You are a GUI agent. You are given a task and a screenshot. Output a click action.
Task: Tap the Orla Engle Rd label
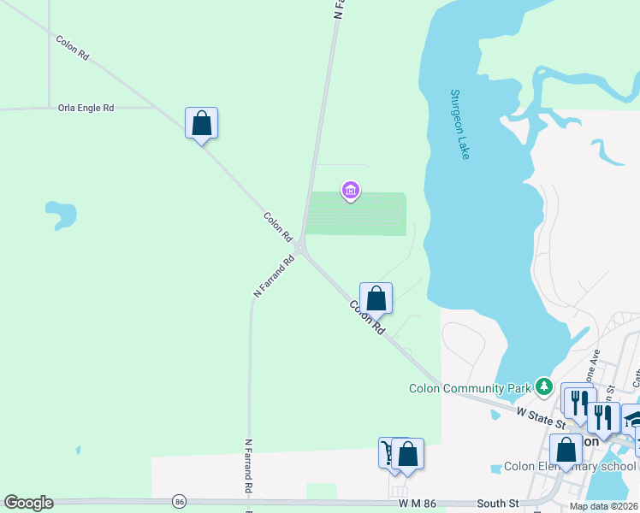[86, 109]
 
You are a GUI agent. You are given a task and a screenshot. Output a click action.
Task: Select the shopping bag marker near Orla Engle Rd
[201, 123]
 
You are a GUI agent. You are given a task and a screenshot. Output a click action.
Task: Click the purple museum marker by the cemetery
[351, 190]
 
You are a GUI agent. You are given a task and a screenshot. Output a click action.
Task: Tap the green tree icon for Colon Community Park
[544, 387]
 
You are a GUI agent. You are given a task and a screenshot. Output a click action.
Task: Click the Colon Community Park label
[471, 388]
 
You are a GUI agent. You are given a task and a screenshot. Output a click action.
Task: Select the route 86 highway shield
[179, 501]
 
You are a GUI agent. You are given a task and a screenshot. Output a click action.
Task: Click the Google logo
[28, 503]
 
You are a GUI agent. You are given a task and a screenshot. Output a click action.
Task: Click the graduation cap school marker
[634, 418]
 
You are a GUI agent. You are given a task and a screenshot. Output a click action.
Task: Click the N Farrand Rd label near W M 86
[247, 465]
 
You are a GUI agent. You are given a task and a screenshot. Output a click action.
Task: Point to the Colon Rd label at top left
[73, 47]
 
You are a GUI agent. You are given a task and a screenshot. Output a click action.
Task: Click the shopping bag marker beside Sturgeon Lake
[376, 298]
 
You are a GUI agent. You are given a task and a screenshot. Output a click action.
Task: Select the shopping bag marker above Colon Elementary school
[566, 449]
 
